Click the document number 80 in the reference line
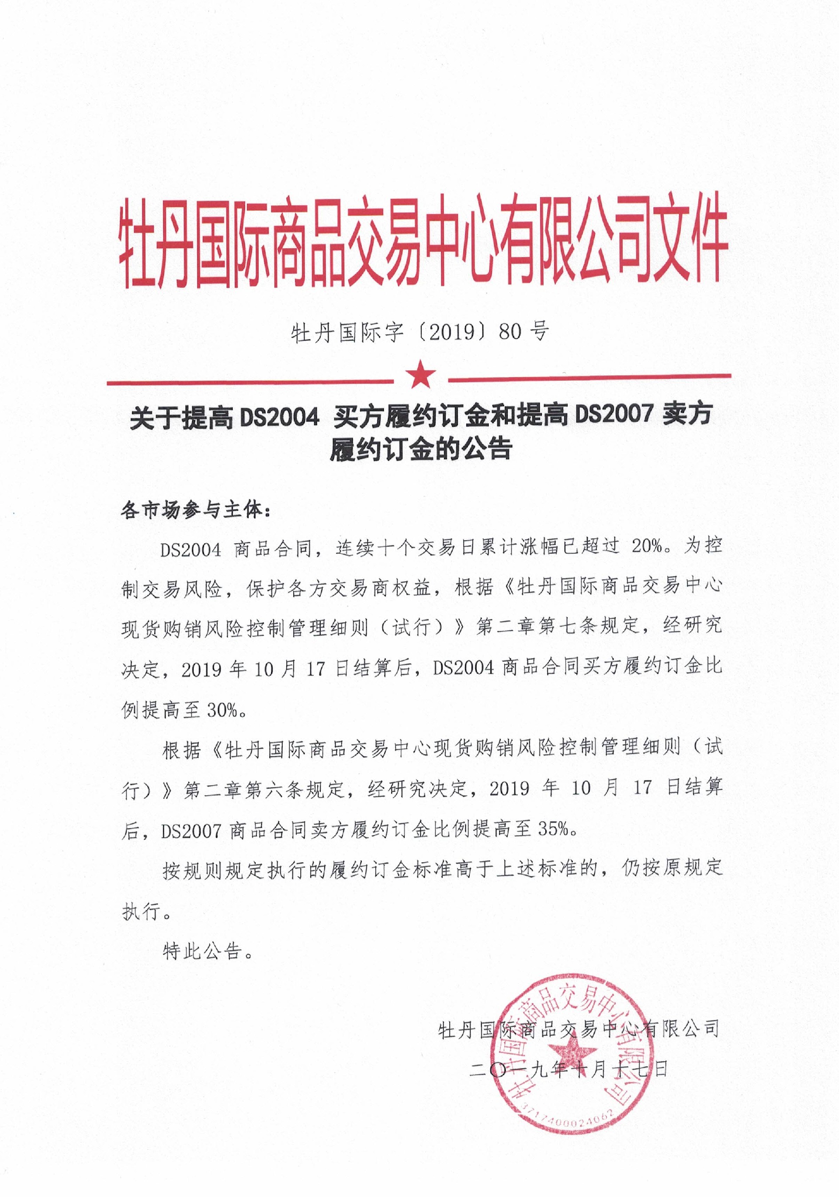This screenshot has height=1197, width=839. [510, 332]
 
